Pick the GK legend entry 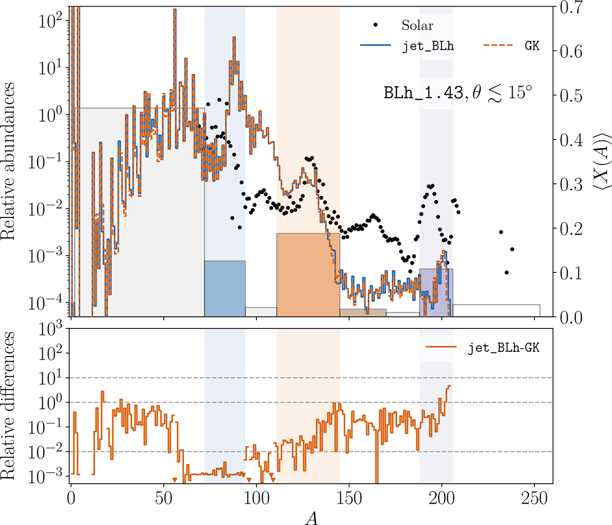[x=530, y=46]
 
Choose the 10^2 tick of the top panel [x=52, y=19]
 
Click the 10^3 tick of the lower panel [x=51, y=329]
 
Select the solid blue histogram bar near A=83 [x=224, y=288]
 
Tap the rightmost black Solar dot [x=512, y=249]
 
